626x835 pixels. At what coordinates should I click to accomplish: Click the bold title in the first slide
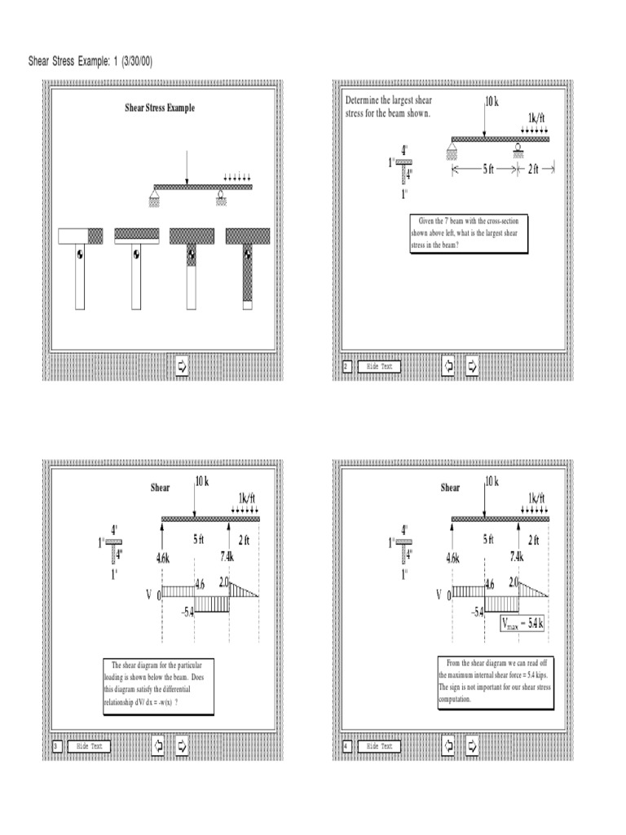click(160, 108)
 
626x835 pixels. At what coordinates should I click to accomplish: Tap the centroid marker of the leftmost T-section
click(80, 254)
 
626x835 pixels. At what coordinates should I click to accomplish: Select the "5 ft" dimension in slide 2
click(486, 169)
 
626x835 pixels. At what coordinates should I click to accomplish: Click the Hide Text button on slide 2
click(380, 367)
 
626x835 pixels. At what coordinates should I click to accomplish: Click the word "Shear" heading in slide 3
click(161, 488)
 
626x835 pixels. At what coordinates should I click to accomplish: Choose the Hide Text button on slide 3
click(89, 745)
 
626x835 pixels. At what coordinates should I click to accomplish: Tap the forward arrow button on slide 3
click(182, 745)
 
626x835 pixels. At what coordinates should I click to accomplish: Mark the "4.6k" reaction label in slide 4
click(453, 558)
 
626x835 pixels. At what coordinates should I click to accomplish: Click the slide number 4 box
click(346, 745)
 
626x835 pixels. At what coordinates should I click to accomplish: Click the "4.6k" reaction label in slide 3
click(163, 558)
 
